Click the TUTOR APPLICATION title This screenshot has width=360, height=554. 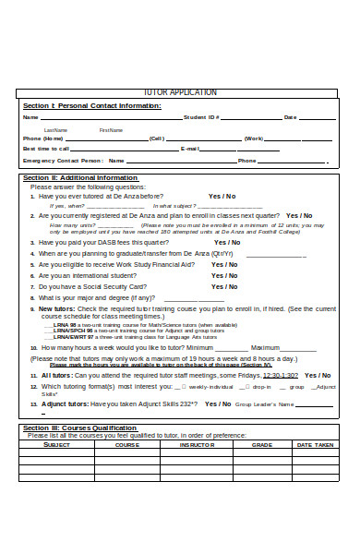[x=181, y=93]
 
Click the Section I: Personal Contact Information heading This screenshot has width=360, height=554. [x=91, y=105]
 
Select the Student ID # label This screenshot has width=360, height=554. [x=201, y=117]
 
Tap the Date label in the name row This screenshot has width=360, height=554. [x=290, y=117]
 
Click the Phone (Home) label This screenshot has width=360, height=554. [x=44, y=138]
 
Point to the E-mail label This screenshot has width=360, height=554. [x=190, y=148]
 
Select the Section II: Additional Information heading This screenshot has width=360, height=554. [x=80, y=177]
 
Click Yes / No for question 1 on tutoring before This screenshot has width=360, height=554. [x=222, y=196]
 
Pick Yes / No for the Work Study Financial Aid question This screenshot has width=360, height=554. [x=224, y=264]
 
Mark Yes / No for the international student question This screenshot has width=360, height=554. [x=224, y=275]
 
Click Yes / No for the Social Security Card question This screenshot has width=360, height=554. [x=224, y=286]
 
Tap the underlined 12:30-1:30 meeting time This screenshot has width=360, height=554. [x=281, y=375]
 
